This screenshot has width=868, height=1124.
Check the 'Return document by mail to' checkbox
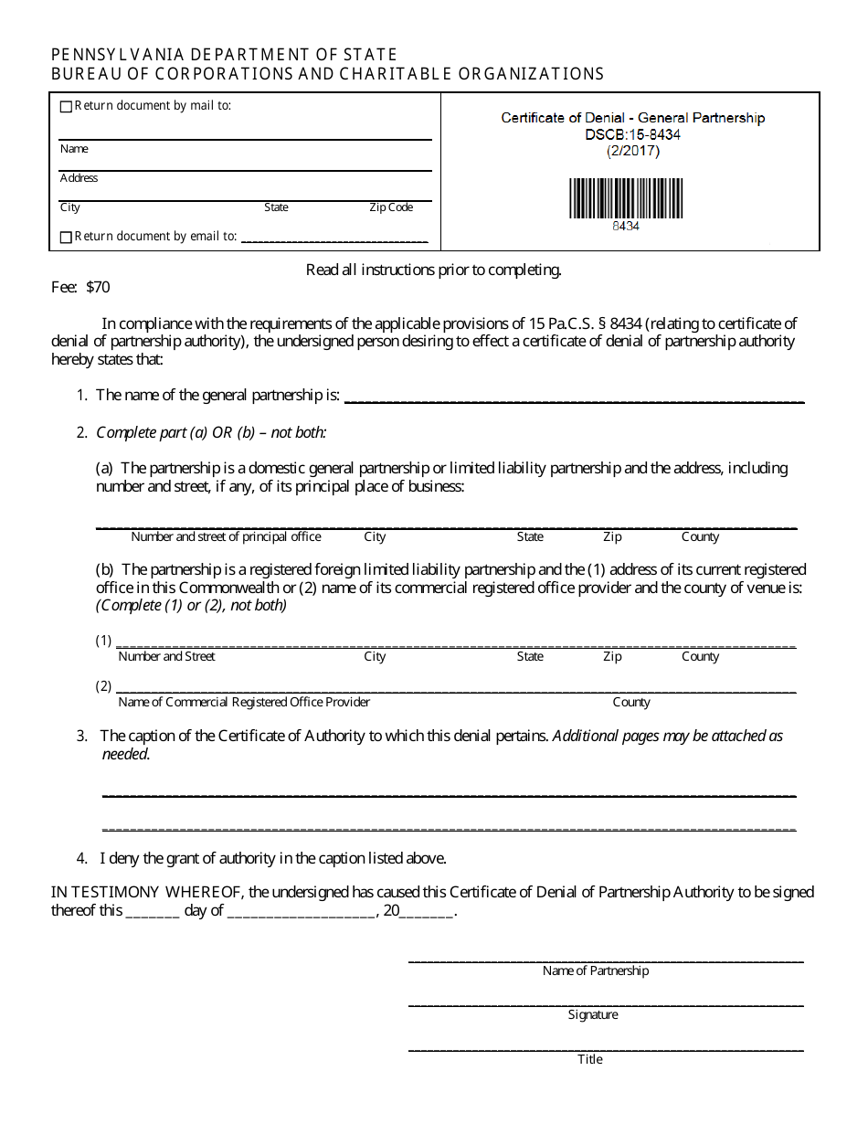(x=66, y=107)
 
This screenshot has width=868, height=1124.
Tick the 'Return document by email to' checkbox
(x=66, y=238)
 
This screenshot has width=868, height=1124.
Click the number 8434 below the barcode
(x=626, y=226)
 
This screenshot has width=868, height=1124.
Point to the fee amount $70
(x=98, y=287)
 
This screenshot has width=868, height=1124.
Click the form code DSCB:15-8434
(x=632, y=134)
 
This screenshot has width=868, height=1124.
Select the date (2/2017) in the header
(x=632, y=151)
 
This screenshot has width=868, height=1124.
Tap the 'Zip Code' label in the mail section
(x=391, y=207)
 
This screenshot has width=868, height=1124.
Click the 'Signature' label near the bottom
(x=593, y=1015)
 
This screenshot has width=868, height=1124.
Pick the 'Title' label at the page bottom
(x=590, y=1060)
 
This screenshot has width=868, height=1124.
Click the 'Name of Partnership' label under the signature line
(x=596, y=970)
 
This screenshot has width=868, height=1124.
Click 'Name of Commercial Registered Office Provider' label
(x=244, y=702)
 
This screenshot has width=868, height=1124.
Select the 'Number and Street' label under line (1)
(x=167, y=656)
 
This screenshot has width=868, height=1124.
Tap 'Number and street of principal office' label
(x=226, y=536)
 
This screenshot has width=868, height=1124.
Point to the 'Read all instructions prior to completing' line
(x=434, y=270)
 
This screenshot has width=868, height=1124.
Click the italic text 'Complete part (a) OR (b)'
(x=211, y=432)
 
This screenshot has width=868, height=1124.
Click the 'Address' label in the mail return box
(x=79, y=178)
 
